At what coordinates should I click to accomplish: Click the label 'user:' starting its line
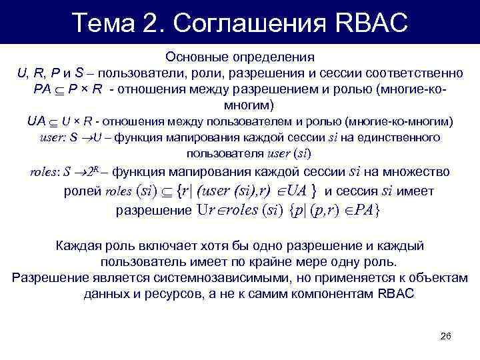click(53, 138)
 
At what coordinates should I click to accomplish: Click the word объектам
click(443, 278)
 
